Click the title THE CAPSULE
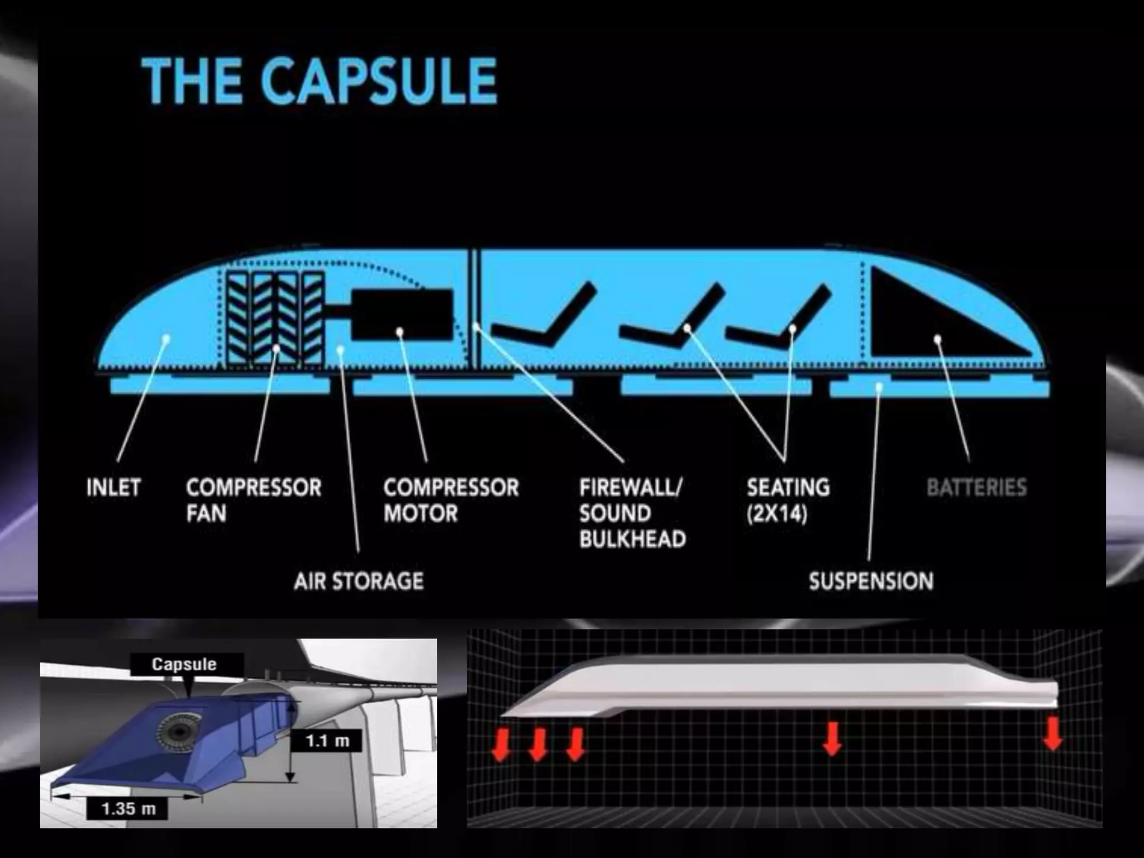[319, 82]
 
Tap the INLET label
[113, 488]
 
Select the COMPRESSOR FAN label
[254, 500]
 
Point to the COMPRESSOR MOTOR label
[451, 500]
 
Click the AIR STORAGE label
[359, 581]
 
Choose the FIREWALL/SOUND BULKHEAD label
[632, 513]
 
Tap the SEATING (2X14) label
[788, 500]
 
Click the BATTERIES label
[976, 488]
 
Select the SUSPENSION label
[871, 581]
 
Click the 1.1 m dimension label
[327, 741]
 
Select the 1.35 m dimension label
[128, 808]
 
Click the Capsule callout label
[184, 664]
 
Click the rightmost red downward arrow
[1053, 735]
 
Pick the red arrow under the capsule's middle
[832, 738]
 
